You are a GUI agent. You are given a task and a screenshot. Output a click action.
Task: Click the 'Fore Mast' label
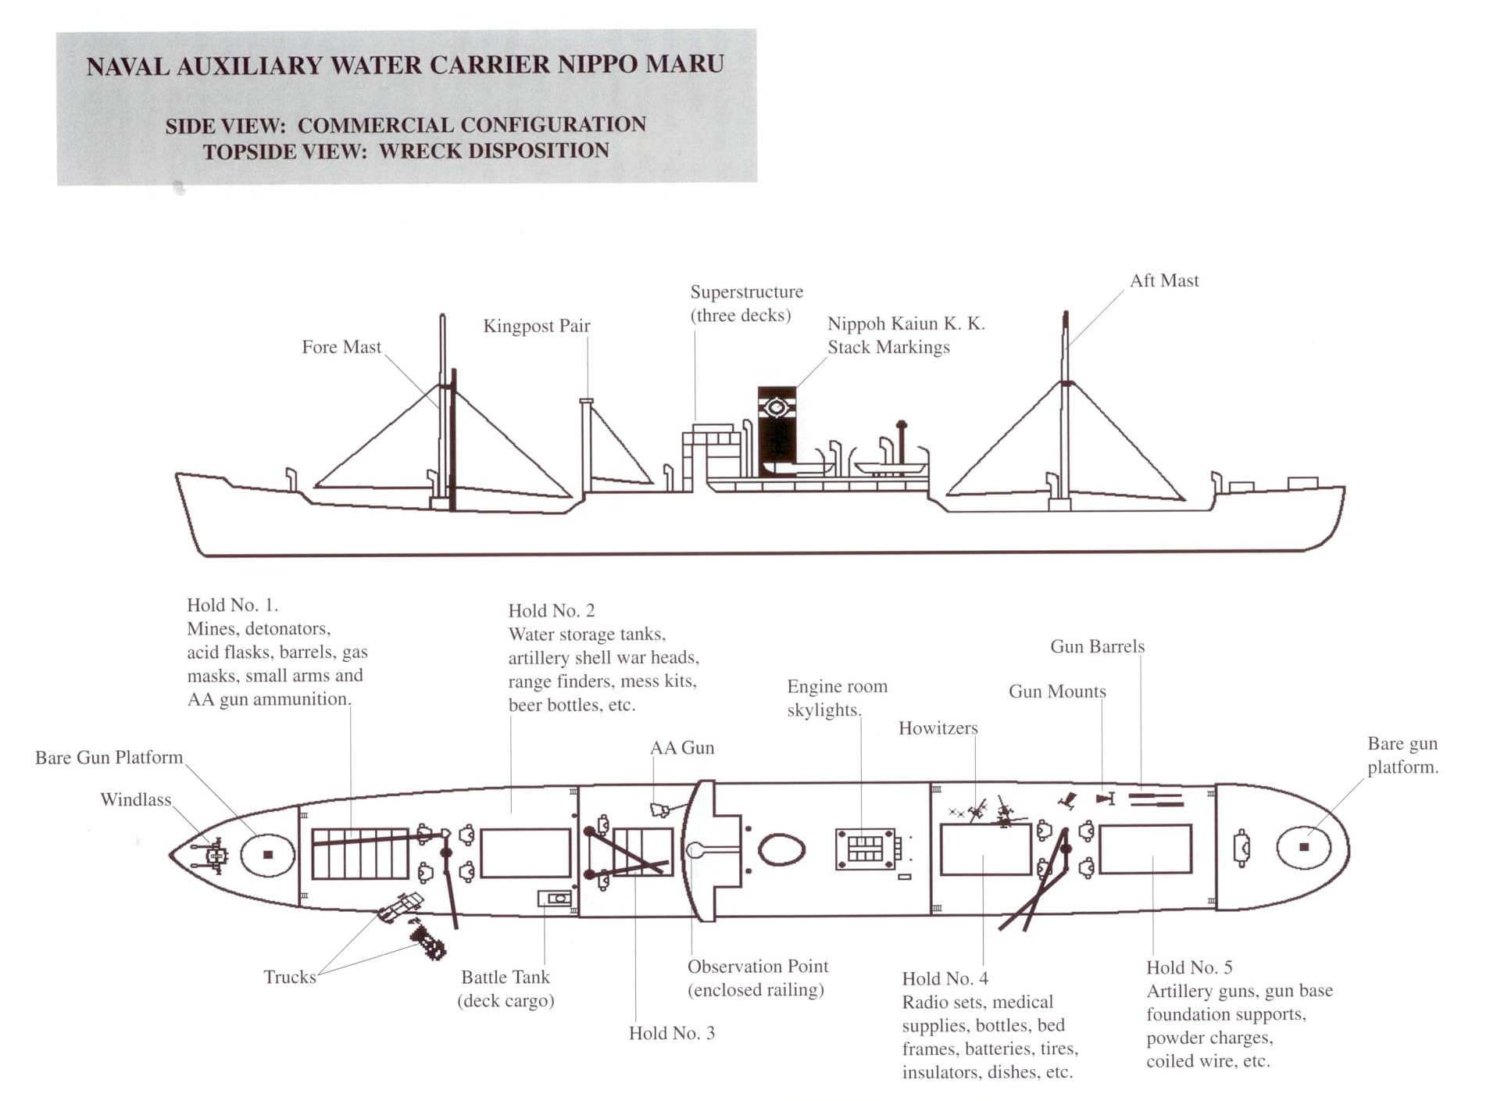341,347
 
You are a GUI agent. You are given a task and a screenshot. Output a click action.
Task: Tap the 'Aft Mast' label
1163,281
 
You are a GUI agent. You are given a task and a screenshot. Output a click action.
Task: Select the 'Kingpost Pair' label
537,326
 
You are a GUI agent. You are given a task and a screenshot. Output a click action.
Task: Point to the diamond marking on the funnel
777,408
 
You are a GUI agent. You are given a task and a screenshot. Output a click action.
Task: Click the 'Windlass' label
135,799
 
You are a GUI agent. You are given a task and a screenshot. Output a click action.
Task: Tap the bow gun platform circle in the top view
268,855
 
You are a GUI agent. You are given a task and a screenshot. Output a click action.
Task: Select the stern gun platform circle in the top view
1303,847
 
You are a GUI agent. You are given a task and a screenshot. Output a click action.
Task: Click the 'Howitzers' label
938,728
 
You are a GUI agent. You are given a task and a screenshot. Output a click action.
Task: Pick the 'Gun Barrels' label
1097,646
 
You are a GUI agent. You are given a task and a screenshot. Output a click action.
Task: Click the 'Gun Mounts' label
1057,692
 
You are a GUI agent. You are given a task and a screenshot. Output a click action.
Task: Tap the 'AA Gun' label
682,748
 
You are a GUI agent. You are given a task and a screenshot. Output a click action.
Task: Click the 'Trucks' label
290,977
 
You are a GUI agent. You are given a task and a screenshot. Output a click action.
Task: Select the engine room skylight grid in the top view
865,849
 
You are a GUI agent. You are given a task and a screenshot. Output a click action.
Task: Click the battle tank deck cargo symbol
555,899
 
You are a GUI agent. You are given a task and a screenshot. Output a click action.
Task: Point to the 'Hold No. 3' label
671,1033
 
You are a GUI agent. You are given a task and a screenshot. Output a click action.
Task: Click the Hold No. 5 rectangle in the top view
1145,849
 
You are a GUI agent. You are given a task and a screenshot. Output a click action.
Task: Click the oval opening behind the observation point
781,849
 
